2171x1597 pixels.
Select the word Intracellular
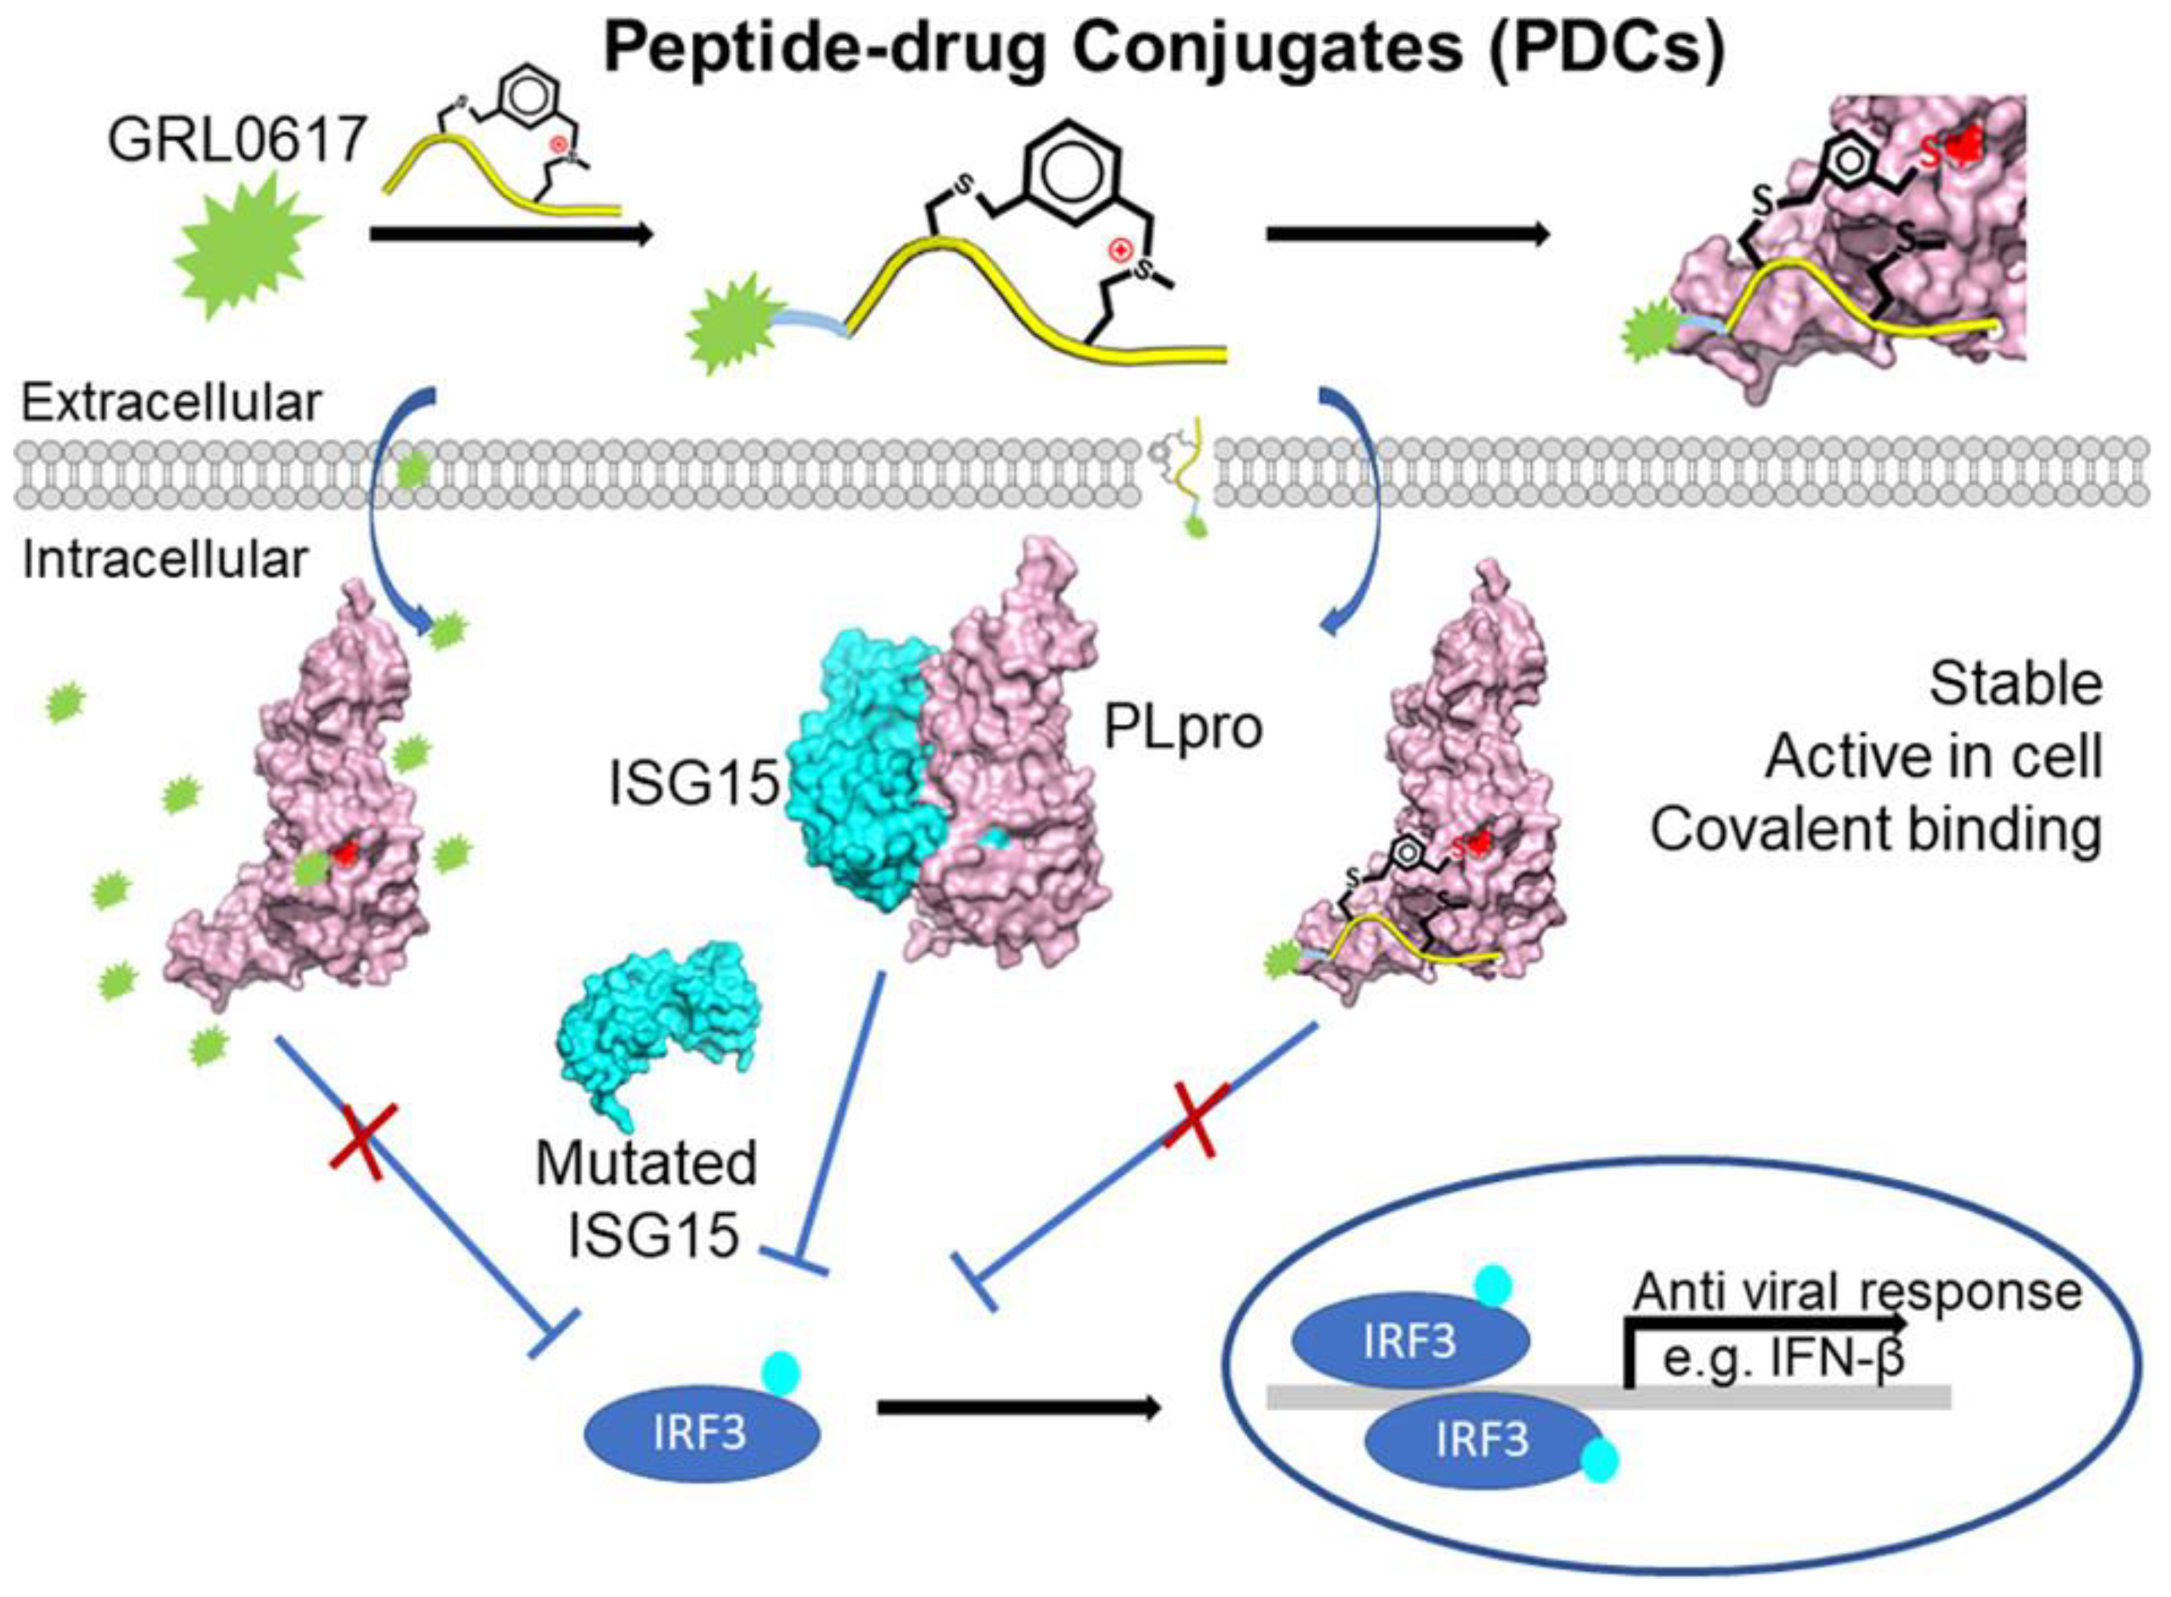click(x=164, y=560)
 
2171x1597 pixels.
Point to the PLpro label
click(x=1183, y=729)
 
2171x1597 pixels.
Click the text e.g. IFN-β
click(x=1782, y=1358)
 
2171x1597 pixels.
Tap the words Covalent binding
click(x=1876, y=829)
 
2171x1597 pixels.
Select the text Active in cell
click(x=1934, y=757)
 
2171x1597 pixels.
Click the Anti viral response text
click(x=1857, y=1291)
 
